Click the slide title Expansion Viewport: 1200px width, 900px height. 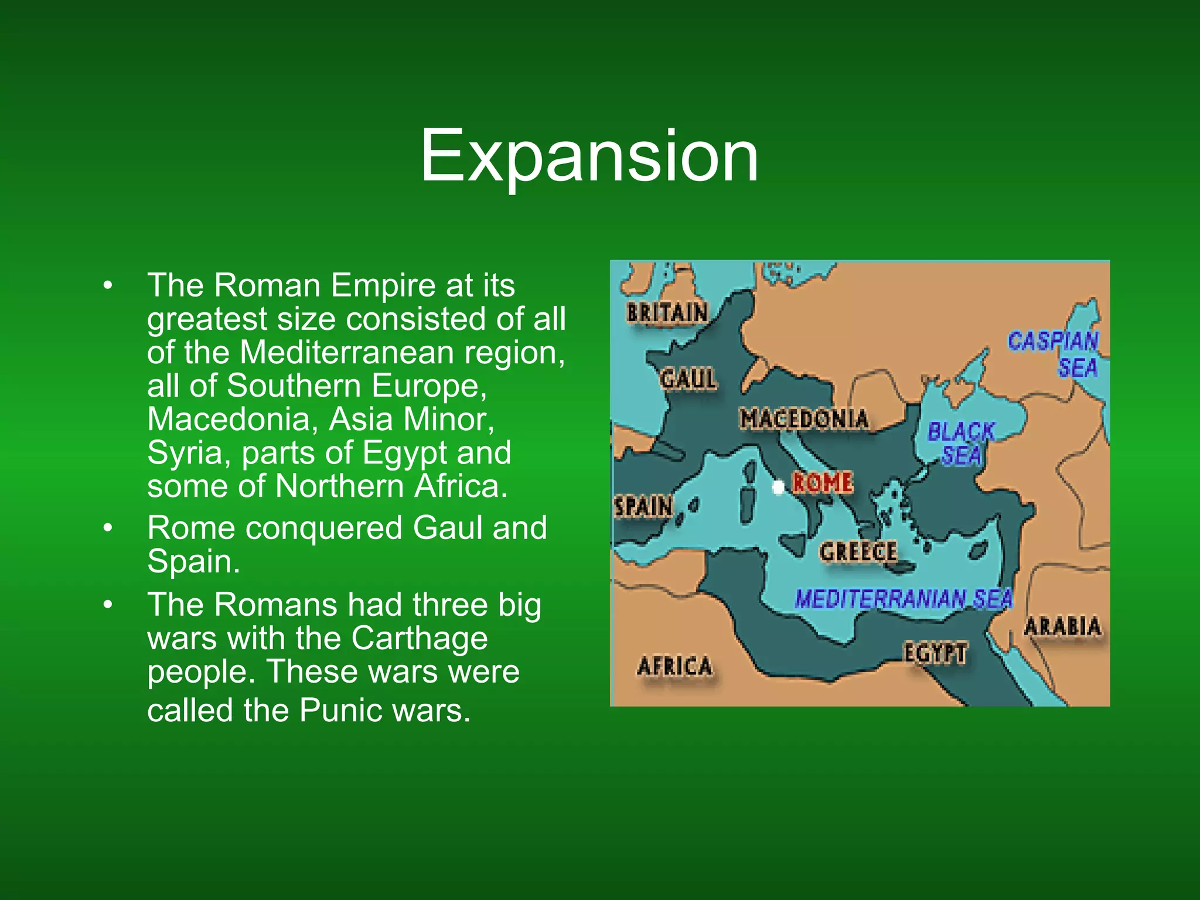(589, 156)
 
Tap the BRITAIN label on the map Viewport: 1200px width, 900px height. (667, 313)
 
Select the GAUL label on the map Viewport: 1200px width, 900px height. (688, 379)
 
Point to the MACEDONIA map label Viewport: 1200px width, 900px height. (804, 419)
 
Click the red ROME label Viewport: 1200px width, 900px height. (823, 482)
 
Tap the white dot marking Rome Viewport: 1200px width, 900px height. (778, 487)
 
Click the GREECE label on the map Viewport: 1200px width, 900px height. (858, 551)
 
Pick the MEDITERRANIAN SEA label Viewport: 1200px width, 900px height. (904, 598)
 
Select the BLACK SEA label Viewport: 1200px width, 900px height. (961, 443)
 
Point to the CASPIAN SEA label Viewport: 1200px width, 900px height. (1054, 354)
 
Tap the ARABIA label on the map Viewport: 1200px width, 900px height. (1062, 626)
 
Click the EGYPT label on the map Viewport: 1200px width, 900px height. (935, 653)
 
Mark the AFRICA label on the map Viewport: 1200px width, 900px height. (674, 666)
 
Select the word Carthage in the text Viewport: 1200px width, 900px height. (419, 639)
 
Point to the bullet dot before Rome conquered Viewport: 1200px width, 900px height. (107, 528)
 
